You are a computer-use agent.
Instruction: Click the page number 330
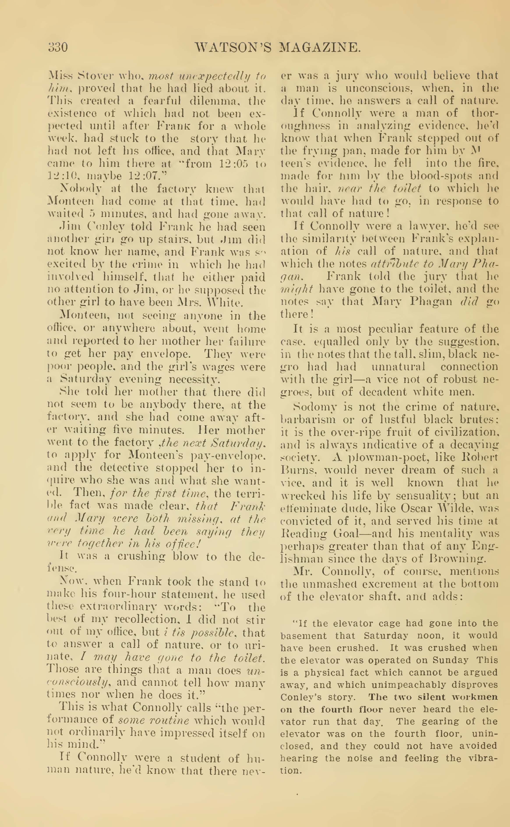pos(58,47)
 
